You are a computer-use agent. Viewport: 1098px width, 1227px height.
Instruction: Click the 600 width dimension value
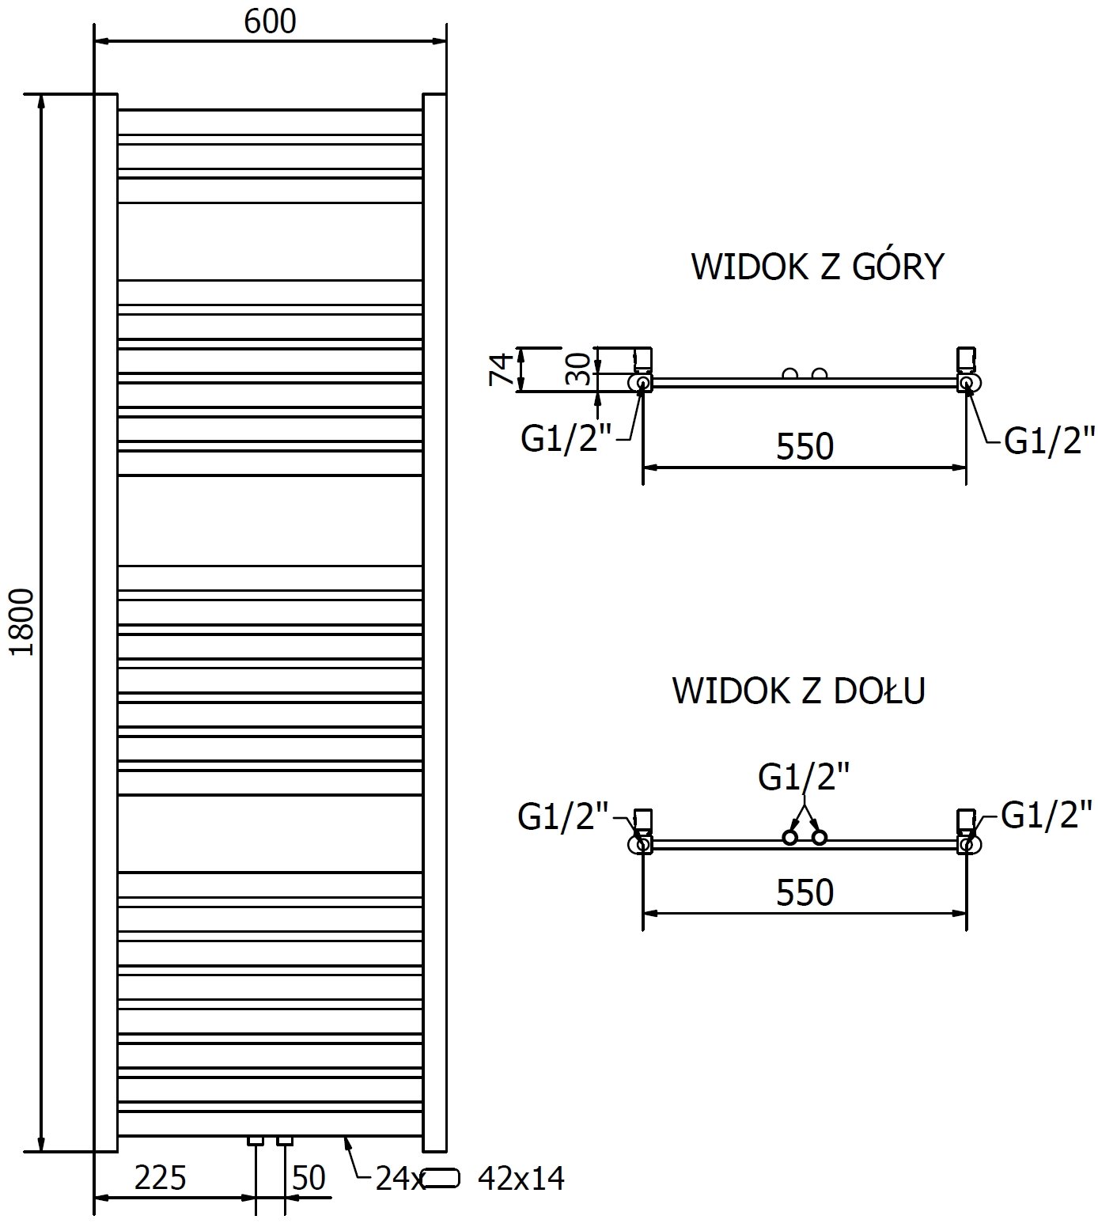(x=270, y=21)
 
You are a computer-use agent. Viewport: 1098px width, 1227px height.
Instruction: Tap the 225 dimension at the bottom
(x=160, y=1178)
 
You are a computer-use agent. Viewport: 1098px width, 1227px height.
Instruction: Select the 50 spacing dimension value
(x=309, y=1178)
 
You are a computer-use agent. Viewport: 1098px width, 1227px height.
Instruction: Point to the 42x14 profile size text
(x=521, y=1179)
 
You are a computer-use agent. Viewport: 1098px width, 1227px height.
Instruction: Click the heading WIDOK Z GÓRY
(x=817, y=267)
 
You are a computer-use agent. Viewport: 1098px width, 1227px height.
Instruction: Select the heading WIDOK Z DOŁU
(x=798, y=691)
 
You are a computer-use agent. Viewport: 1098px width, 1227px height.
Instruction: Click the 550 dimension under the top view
(x=805, y=447)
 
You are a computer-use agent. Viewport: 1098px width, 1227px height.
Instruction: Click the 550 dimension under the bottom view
(x=805, y=893)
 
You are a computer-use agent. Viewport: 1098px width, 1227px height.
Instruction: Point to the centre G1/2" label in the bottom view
(x=804, y=777)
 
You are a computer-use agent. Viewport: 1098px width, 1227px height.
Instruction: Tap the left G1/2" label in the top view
(x=566, y=439)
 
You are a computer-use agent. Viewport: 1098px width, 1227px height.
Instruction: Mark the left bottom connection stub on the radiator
(x=256, y=1141)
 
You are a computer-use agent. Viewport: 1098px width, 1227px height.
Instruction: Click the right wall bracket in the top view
(x=966, y=358)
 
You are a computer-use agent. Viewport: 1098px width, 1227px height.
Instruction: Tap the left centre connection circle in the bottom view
(x=789, y=837)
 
